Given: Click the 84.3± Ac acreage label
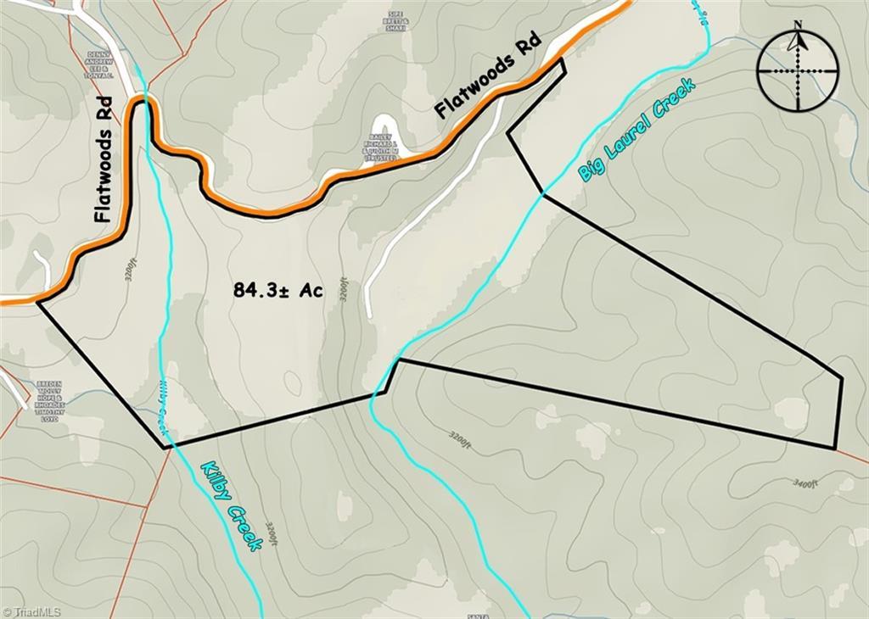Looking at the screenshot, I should [x=278, y=291].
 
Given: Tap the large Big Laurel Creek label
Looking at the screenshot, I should [x=636, y=129].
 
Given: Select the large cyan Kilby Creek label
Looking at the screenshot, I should [x=231, y=506].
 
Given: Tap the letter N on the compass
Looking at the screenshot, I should [x=798, y=25].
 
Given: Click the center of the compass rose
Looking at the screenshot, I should [x=798, y=71].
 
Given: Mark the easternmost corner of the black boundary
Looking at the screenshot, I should [x=841, y=378].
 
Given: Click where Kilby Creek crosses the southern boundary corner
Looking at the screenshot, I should [x=165, y=444].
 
